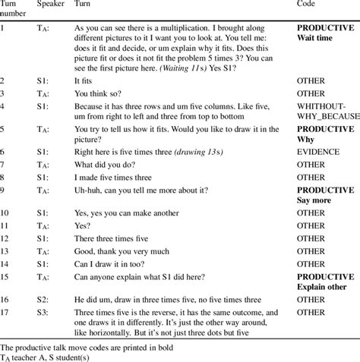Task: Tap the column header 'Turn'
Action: click(x=86, y=5)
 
